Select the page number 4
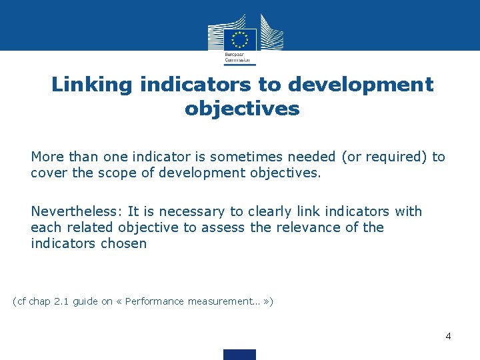(x=448, y=336)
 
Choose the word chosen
(x=124, y=243)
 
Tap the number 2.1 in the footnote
(x=61, y=301)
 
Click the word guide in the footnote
(x=85, y=301)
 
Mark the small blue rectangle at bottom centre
(x=240, y=354)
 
